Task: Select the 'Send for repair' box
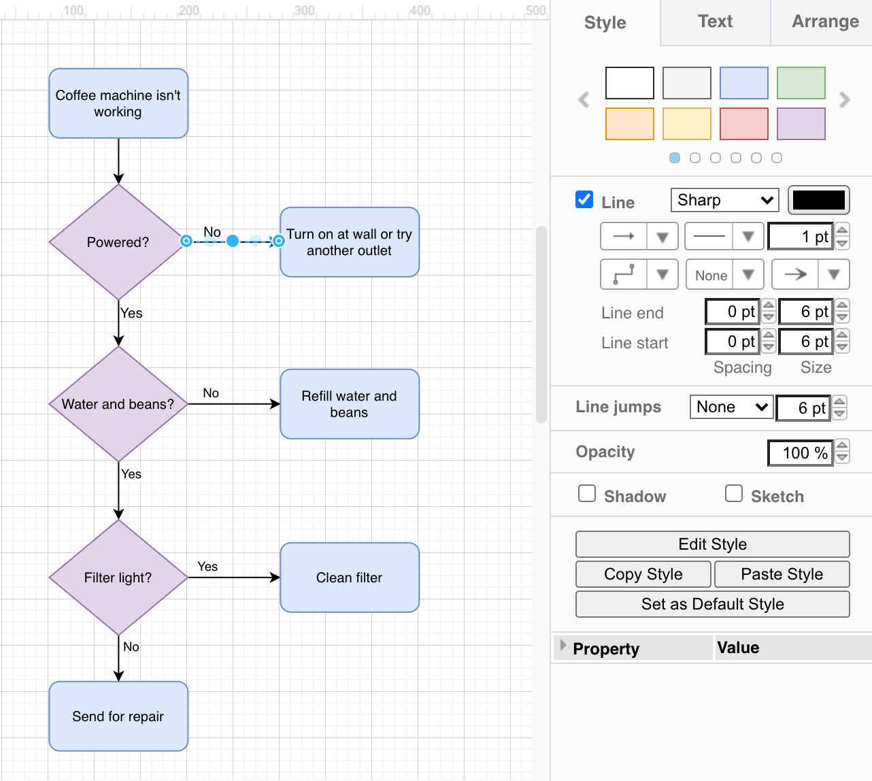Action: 118,716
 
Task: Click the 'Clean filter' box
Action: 350,578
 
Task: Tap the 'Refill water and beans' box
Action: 350,404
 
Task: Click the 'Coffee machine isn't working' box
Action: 118,103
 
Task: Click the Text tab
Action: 715,22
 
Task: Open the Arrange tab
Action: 824,22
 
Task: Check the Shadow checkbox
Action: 587,493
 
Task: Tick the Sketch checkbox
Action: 734,493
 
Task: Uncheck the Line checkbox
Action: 584,199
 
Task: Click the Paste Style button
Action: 782,574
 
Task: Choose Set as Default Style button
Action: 712,604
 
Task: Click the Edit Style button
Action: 712,544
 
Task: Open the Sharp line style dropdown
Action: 724,200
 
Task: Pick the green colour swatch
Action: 801,83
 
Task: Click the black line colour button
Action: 818,200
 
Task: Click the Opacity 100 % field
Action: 800,453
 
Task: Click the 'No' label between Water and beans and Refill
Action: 211,393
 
